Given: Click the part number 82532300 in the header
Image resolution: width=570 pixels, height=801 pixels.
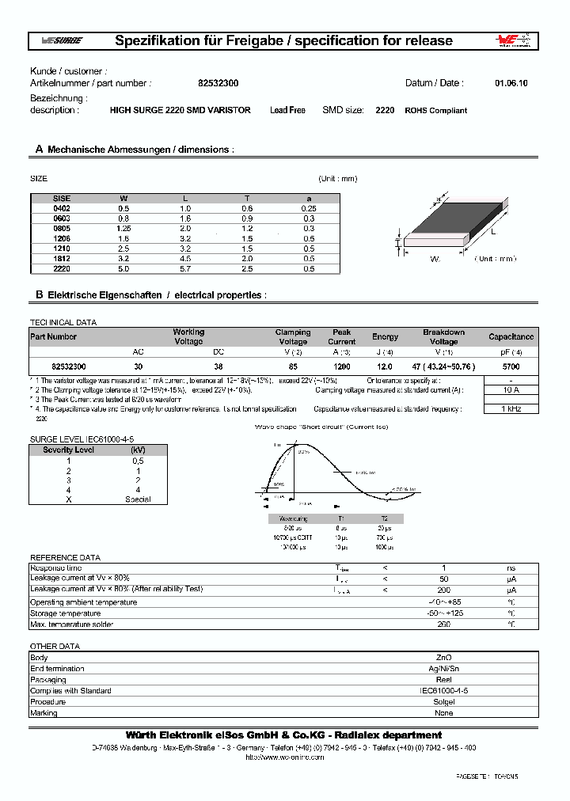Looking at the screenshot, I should click(x=212, y=83).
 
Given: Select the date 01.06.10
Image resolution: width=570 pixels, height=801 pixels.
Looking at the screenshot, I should click(x=511, y=83).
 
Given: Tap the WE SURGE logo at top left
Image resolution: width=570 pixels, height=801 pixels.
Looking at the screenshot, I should click(x=61, y=41).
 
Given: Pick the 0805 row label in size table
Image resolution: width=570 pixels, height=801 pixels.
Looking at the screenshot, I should click(x=61, y=227).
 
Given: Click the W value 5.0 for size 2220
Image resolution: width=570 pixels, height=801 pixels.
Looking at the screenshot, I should click(x=123, y=268).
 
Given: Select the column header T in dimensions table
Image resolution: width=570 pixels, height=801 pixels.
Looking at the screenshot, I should click(x=247, y=197).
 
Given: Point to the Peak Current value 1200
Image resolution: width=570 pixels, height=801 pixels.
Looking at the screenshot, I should click(x=342, y=367).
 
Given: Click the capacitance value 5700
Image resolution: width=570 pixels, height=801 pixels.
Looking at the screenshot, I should click(x=511, y=367).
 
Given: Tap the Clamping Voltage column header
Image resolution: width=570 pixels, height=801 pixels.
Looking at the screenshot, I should click(x=293, y=336).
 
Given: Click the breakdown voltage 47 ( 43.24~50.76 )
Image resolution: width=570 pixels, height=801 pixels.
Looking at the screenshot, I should click(x=443, y=367).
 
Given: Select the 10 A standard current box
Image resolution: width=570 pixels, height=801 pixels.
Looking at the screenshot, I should click(x=511, y=389).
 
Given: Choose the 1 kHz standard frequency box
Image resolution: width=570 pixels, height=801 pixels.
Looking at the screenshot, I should click(x=511, y=408).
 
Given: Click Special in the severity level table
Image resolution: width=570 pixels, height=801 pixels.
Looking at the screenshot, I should click(x=138, y=499).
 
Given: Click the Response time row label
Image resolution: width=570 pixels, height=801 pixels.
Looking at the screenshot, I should click(x=55, y=568).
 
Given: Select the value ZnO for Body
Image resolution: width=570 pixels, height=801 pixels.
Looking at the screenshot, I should click(x=444, y=657).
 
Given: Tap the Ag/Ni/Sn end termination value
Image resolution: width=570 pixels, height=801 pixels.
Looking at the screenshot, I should click(x=444, y=668).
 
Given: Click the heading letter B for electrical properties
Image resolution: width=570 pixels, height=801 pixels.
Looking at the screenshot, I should click(x=38, y=294).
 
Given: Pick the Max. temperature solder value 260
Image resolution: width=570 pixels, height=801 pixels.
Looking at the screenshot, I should click(x=444, y=624).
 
